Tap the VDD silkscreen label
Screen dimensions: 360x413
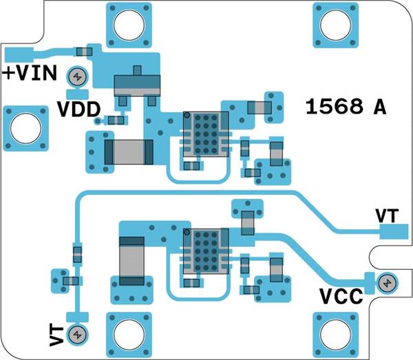click(x=78, y=109)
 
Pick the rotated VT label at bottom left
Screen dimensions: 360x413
click(x=57, y=335)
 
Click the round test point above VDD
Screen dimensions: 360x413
click(x=77, y=76)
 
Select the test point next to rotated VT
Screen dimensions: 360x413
click(x=78, y=335)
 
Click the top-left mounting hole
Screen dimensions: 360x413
click(x=128, y=26)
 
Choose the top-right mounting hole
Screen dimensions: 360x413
click(x=335, y=26)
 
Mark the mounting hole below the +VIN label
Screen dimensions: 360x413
click(x=25, y=129)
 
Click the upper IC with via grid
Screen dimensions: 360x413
click(x=205, y=134)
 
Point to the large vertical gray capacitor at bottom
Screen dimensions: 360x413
click(x=131, y=262)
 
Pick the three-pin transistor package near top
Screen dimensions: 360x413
click(x=136, y=85)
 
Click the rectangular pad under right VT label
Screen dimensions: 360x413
click(x=393, y=231)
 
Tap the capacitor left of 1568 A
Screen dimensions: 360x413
click(x=260, y=107)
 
